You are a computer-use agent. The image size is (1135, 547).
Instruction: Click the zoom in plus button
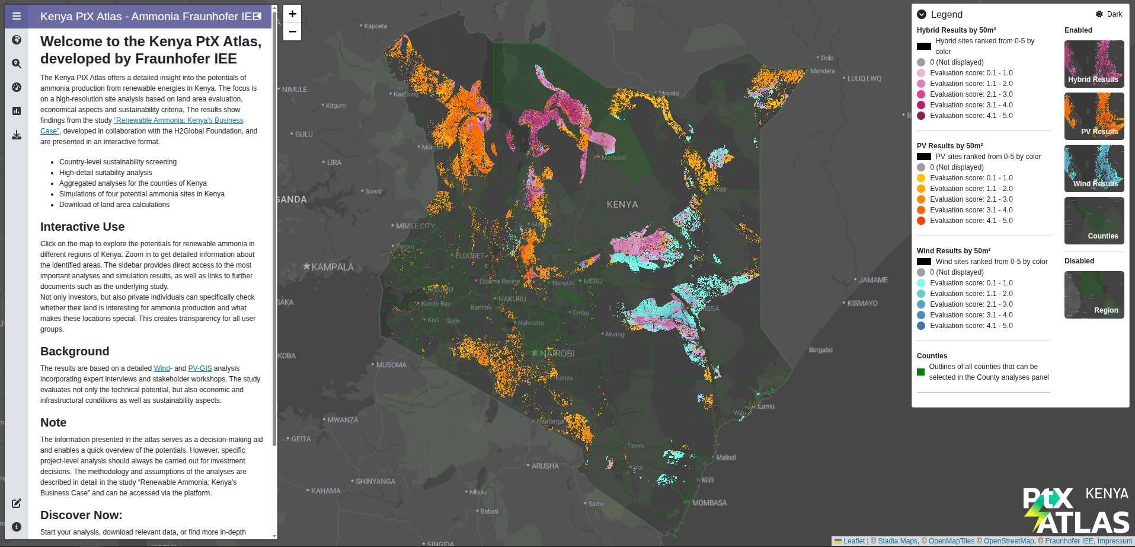pyautogui.click(x=292, y=14)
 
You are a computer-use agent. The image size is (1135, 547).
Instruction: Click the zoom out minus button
pyautogui.click(x=292, y=31)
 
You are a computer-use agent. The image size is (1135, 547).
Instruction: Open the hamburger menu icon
pyautogui.click(x=17, y=16)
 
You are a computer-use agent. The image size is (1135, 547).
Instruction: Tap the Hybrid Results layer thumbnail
pyautogui.click(x=1094, y=64)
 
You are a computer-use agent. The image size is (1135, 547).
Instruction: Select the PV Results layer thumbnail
pyautogui.click(x=1094, y=116)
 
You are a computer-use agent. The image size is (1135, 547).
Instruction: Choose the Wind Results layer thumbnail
pyautogui.click(x=1094, y=168)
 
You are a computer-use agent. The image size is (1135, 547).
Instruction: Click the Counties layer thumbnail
pyautogui.click(x=1094, y=221)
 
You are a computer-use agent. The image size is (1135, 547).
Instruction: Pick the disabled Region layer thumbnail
pyautogui.click(x=1094, y=295)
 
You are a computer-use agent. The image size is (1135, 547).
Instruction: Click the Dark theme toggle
pyautogui.click(x=1108, y=14)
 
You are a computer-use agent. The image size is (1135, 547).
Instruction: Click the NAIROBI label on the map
pyautogui.click(x=557, y=354)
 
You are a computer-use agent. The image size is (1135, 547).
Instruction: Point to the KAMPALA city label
pyautogui.click(x=332, y=267)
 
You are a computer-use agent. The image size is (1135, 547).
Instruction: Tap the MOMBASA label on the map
pyautogui.click(x=709, y=503)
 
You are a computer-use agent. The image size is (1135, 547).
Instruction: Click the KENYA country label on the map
pyautogui.click(x=622, y=205)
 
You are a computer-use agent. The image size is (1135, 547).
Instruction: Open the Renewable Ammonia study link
pyautogui.click(x=178, y=120)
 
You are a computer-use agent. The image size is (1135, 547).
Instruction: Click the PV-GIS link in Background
pyautogui.click(x=200, y=368)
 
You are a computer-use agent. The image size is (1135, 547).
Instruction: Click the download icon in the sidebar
pyautogui.click(x=17, y=135)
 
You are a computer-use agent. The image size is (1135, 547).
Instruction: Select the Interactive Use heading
pyautogui.click(x=82, y=227)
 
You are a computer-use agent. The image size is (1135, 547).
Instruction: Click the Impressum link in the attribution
pyautogui.click(x=1114, y=541)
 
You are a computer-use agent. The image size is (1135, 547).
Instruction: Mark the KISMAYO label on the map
pyautogui.click(x=862, y=303)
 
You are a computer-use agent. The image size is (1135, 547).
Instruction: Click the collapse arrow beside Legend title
pyautogui.click(x=922, y=14)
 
